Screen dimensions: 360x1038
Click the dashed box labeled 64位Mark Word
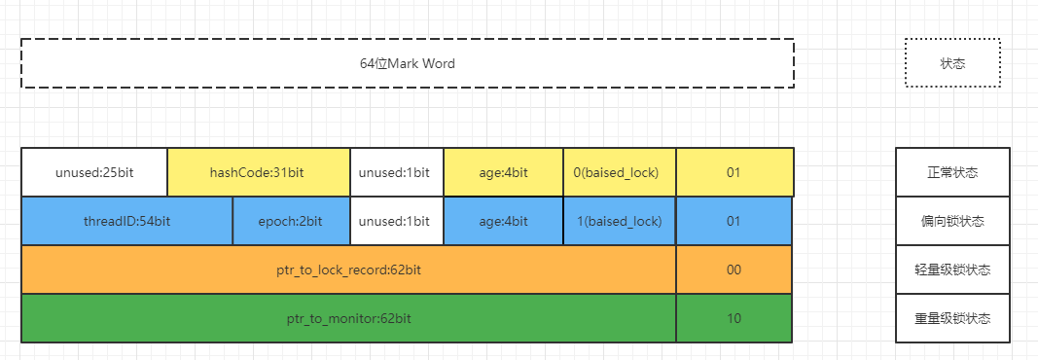point(407,64)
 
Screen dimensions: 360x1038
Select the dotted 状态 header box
point(952,64)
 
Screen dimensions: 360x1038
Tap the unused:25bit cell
point(94,172)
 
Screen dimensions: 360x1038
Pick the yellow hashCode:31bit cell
point(258,172)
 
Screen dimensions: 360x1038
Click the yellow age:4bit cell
point(503,172)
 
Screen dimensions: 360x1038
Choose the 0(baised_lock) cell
point(619,172)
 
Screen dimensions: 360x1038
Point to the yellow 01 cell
point(734,172)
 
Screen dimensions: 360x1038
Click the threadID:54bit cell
point(126,221)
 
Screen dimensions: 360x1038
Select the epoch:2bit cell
point(291,221)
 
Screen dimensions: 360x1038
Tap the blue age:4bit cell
point(503,221)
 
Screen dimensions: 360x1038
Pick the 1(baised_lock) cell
point(619,221)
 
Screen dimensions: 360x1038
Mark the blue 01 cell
point(734,221)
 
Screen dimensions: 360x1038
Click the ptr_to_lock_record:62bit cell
point(348,270)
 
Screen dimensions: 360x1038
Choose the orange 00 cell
point(734,270)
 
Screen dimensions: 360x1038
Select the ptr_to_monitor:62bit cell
point(348,318)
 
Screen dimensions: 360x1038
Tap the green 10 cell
point(734,318)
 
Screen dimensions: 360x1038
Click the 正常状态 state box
point(952,172)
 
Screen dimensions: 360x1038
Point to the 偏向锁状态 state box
point(952,221)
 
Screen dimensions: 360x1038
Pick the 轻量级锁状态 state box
point(952,270)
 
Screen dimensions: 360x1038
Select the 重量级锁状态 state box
point(952,318)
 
